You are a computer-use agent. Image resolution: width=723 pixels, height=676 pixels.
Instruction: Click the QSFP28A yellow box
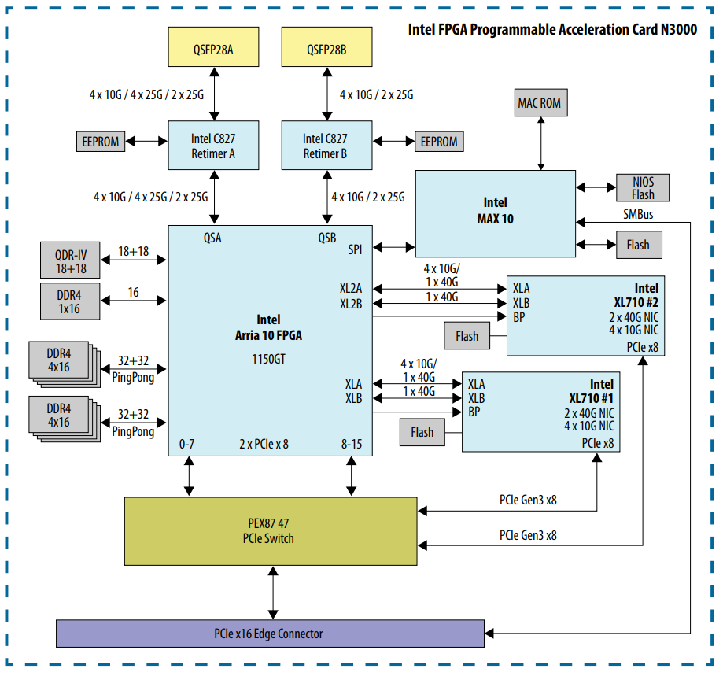click(214, 50)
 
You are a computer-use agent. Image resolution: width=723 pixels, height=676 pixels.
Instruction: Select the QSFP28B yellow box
click(326, 50)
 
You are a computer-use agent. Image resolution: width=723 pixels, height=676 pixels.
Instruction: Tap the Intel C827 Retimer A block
click(213, 146)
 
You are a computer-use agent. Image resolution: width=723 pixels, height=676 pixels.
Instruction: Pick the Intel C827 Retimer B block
click(326, 146)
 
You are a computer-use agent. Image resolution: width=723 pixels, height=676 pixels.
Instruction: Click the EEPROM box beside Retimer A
click(101, 142)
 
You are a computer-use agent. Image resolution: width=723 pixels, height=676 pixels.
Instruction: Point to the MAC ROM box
click(540, 103)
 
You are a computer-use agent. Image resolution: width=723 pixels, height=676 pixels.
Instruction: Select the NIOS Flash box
click(642, 188)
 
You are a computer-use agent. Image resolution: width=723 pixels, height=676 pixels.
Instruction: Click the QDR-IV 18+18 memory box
click(71, 260)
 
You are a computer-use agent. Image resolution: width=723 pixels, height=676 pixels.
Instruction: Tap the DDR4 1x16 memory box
click(71, 300)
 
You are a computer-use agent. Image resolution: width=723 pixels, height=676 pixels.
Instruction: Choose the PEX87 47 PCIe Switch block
click(271, 531)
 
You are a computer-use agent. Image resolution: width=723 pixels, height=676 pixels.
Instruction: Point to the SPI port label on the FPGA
click(356, 249)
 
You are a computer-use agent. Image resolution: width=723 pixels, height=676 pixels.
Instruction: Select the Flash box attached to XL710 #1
click(422, 431)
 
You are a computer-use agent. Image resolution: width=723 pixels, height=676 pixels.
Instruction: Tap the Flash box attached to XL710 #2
click(467, 336)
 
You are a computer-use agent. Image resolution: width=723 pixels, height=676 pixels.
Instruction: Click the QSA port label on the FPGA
click(213, 238)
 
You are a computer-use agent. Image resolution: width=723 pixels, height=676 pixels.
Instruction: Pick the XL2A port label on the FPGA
click(351, 289)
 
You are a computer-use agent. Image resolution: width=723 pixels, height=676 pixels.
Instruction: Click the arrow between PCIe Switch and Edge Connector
click(273, 593)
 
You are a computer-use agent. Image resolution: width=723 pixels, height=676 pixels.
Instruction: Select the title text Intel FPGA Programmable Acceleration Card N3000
click(552, 30)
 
